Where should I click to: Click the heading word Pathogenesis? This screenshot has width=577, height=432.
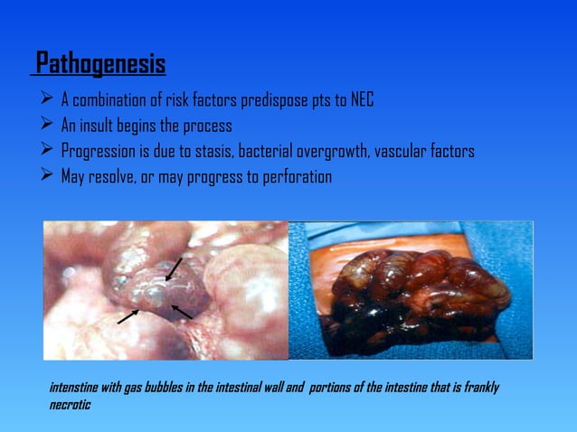[100, 66]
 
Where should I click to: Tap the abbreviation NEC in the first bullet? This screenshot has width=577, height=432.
[361, 99]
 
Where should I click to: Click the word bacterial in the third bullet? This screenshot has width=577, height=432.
[263, 151]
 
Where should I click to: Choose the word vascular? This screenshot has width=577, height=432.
[398, 151]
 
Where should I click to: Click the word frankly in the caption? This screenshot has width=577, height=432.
[479, 388]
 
